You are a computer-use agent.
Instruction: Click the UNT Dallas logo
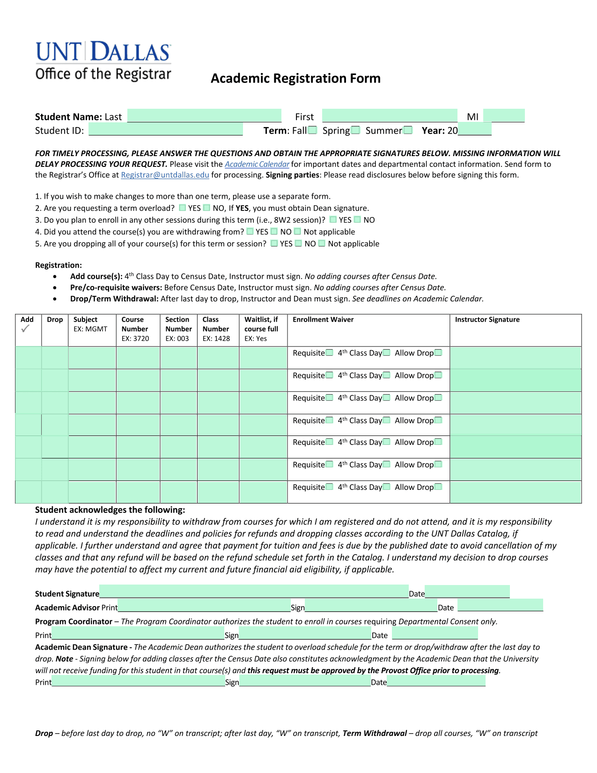point(103,60)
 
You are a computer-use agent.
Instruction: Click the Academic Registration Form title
point(295,78)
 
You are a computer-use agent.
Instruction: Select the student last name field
point(204,116)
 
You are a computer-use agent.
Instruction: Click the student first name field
point(390,116)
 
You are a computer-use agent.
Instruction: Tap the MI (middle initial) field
point(504,116)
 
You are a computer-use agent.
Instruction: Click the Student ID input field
point(166,130)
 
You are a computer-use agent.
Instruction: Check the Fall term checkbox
point(312,130)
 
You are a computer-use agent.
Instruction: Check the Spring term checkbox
point(356,130)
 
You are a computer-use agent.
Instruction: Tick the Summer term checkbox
point(408,130)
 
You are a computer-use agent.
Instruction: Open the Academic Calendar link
point(257,164)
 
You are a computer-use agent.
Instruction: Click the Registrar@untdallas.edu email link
point(165,175)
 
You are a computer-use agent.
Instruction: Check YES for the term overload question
point(183,208)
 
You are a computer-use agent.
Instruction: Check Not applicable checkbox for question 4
point(298,231)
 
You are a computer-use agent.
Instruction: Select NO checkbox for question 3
point(358,219)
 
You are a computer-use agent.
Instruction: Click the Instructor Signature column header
point(487,320)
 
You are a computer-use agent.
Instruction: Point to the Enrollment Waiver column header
point(323,320)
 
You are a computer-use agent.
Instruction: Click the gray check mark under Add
point(25,329)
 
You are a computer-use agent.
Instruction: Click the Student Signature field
point(254,592)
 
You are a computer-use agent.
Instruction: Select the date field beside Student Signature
point(467,592)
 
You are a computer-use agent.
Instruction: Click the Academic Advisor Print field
point(204,606)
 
